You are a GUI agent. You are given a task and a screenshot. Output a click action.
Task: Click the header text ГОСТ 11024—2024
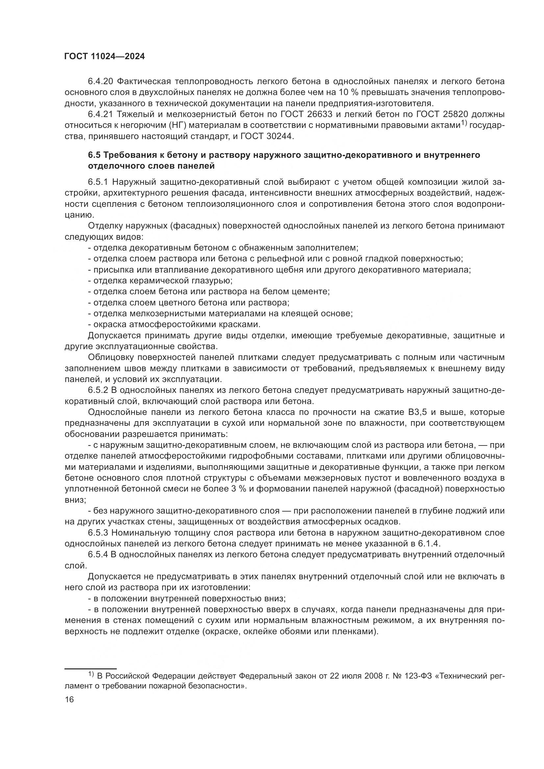tap(104, 57)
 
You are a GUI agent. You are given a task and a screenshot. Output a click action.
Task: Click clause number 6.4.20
tap(102, 82)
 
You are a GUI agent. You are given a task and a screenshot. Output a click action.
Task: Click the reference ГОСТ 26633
tap(301, 114)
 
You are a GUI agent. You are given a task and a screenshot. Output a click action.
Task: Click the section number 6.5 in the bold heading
tap(94, 155)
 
